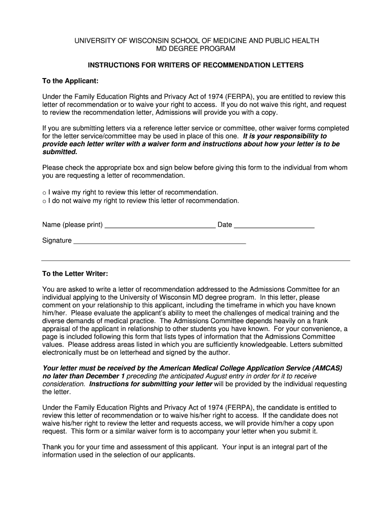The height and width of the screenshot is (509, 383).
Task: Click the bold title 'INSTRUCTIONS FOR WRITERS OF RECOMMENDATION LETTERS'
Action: [x=195, y=65]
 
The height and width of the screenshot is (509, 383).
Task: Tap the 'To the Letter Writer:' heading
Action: [x=75, y=273]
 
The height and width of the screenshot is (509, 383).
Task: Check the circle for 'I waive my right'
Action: [x=44, y=193]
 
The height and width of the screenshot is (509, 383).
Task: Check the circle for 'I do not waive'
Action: [x=44, y=201]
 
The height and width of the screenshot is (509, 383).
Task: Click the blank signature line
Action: [x=160, y=242]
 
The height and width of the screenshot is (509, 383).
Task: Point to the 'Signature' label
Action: [x=57, y=241]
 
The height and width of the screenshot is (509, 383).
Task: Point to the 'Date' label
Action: [x=225, y=225]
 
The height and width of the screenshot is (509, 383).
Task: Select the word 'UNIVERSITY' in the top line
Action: [x=92, y=41]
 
